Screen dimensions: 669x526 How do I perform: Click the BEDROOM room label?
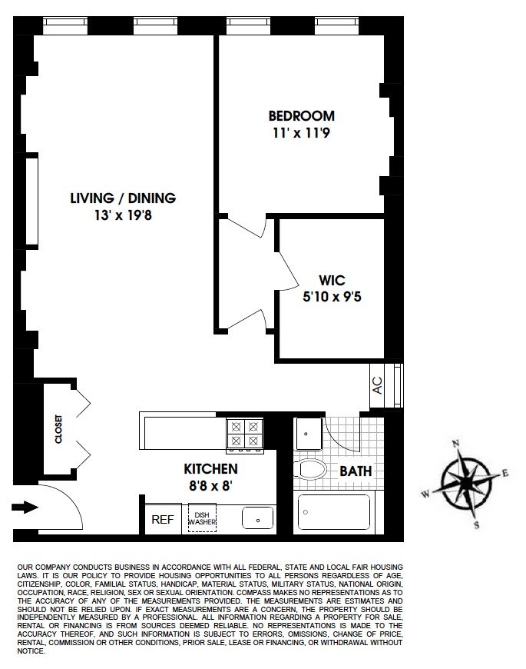[x=301, y=116]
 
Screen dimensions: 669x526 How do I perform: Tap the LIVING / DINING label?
[x=123, y=198]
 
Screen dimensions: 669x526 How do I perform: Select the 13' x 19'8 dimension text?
[x=123, y=215]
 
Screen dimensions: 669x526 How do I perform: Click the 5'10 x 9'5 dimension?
[x=330, y=296]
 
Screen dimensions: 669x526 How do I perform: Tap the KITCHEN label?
[x=210, y=468]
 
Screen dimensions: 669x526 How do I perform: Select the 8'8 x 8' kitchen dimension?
[x=210, y=485]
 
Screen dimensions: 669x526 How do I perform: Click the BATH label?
[x=356, y=471]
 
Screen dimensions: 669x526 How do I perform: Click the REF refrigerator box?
[x=162, y=520]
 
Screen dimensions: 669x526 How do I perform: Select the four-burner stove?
[x=244, y=433]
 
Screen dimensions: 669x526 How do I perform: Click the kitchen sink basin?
[x=258, y=518]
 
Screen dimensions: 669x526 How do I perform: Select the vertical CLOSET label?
[x=58, y=429]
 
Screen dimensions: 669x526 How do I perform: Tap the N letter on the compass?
[x=455, y=444]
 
